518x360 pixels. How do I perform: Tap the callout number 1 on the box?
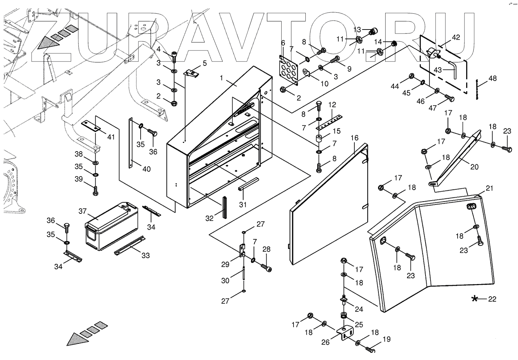(222, 78)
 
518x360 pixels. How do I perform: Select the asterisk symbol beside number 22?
(475, 298)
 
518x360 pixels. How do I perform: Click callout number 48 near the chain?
(492, 78)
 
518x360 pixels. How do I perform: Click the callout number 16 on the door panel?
(355, 138)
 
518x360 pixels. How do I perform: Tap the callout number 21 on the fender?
(490, 188)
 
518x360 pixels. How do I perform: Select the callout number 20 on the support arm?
(474, 166)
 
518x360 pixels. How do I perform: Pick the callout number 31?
(243, 204)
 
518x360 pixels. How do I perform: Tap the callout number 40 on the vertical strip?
(146, 169)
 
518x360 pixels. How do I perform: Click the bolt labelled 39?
(96, 190)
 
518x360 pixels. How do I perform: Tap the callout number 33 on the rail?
(145, 256)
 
